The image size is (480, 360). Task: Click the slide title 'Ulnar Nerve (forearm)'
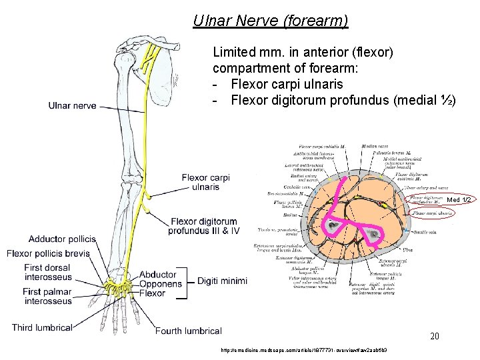click(271, 21)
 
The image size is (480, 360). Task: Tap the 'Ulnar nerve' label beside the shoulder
click(72, 105)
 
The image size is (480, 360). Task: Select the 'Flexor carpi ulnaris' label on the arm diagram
click(205, 182)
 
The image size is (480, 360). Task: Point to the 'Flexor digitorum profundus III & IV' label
click(203, 227)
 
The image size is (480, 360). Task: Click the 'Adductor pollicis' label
click(62, 239)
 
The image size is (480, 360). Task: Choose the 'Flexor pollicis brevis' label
click(48, 253)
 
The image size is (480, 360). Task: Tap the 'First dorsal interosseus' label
click(47, 273)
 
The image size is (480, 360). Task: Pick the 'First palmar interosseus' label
click(47, 297)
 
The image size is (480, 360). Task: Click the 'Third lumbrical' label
click(41, 327)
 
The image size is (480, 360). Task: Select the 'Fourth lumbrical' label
click(188, 331)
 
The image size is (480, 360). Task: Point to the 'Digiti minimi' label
click(221, 281)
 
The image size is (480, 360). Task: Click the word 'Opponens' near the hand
click(160, 284)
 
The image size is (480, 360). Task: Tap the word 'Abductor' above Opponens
click(158, 275)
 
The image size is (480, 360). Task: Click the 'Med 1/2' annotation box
click(459, 200)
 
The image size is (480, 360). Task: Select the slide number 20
click(434, 337)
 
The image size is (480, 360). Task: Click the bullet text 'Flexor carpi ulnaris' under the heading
click(287, 84)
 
